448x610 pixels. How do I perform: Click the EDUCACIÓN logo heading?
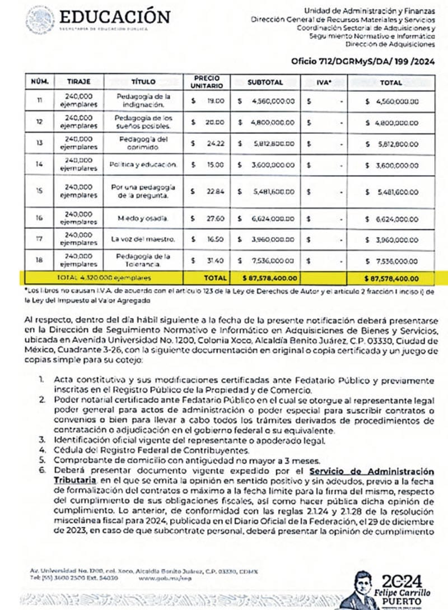coord(114,17)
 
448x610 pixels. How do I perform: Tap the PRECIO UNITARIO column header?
coord(207,82)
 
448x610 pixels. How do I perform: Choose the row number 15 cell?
coord(39,190)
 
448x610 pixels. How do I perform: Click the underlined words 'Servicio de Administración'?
coord(388,471)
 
